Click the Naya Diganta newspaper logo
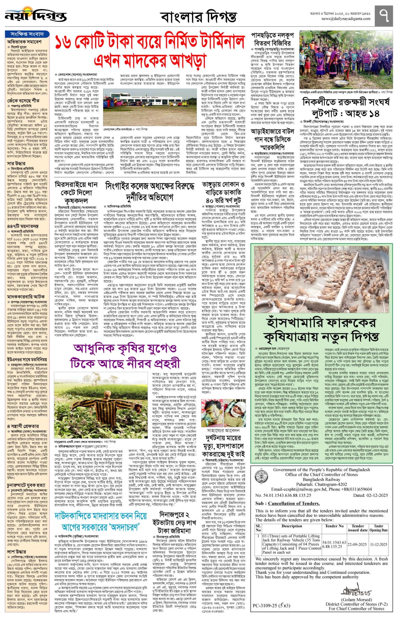point(35,15)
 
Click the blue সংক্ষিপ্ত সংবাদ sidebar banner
point(27,34)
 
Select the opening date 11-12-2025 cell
point(378,544)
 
